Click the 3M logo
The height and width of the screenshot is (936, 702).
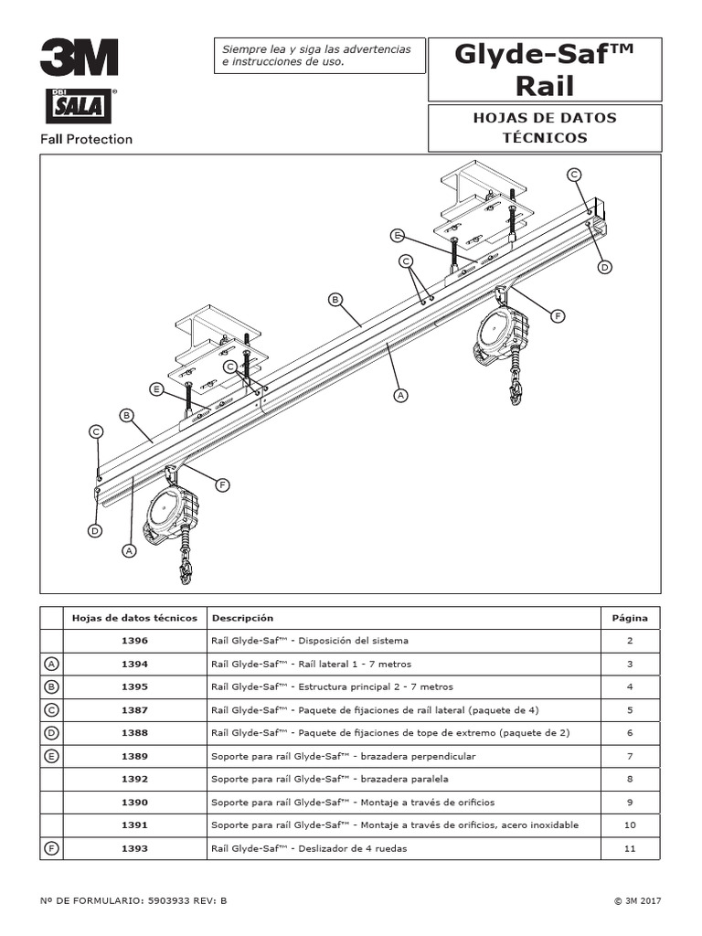[x=79, y=58]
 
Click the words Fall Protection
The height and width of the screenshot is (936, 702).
[x=86, y=140]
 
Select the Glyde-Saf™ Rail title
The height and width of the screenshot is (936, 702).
[x=544, y=69]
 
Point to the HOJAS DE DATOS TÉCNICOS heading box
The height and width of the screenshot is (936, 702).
[x=544, y=128]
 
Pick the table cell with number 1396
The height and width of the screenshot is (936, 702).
[x=134, y=641]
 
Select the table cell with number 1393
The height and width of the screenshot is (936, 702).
[x=134, y=848]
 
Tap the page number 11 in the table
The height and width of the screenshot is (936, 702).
[x=629, y=848]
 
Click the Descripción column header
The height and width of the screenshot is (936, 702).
[x=242, y=618]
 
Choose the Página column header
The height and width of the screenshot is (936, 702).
[x=629, y=618]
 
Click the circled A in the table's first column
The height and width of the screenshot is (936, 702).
[x=51, y=664]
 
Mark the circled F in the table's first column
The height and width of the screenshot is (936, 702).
[x=51, y=848]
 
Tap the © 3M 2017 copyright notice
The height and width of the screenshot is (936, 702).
[x=637, y=900]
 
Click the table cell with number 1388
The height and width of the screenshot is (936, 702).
[x=134, y=733]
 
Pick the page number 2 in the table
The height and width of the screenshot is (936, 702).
[x=629, y=641]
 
